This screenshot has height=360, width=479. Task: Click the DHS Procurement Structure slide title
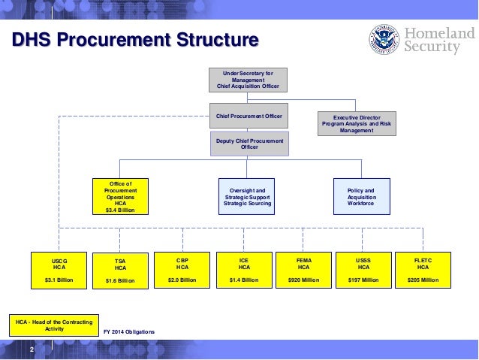[x=135, y=40]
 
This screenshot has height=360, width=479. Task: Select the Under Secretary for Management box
[x=248, y=80]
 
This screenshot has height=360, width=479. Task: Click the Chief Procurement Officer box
[x=248, y=115]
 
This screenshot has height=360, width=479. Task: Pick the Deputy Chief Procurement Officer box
[x=248, y=143]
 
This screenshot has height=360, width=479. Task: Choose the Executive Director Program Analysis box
[x=356, y=123]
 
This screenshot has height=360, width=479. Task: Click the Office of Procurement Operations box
[x=121, y=196]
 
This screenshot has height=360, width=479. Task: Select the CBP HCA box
[x=182, y=270]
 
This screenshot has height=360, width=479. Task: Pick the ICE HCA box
[x=243, y=270]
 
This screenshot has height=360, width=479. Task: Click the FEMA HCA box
[x=304, y=270]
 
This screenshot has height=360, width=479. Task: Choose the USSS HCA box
[x=363, y=270]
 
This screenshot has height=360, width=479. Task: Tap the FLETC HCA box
[x=423, y=270]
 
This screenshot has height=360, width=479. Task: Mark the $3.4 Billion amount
[x=121, y=210]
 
